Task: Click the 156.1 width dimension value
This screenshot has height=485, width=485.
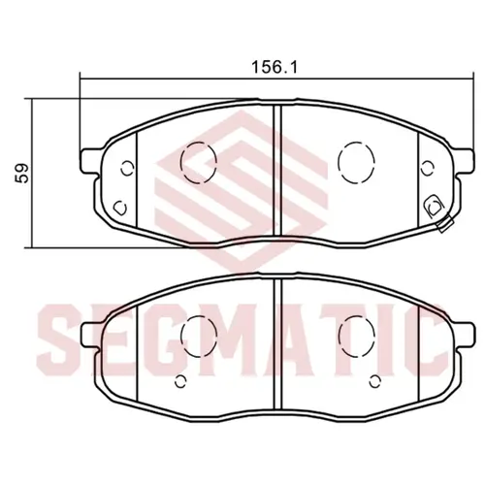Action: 275,68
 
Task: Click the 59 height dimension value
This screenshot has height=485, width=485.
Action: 23,174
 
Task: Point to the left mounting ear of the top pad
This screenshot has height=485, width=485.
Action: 90,161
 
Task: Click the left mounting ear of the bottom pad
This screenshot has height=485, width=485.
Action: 90,335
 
